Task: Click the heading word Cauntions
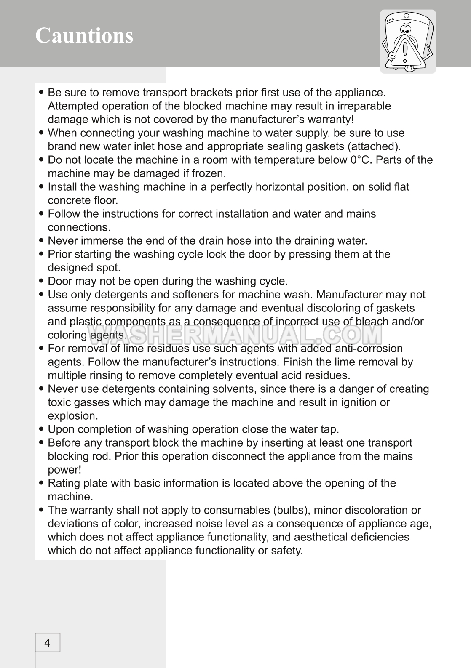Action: point(84,35)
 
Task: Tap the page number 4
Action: point(47,643)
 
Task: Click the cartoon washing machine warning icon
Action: point(407,41)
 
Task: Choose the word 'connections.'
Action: point(79,227)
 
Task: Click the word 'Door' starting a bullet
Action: point(60,281)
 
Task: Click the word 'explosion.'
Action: point(73,416)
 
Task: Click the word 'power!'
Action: point(64,470)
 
